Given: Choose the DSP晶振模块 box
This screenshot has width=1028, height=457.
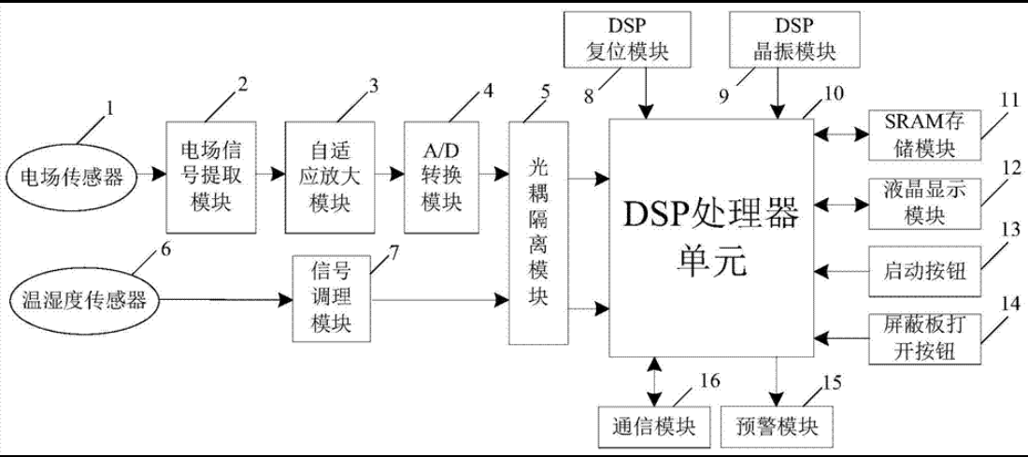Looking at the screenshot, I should [x=794, y=38].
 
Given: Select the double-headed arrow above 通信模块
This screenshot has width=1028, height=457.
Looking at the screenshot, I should [x=654, y=380].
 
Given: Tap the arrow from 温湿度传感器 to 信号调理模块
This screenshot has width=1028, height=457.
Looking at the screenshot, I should [x=224, y=301].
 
